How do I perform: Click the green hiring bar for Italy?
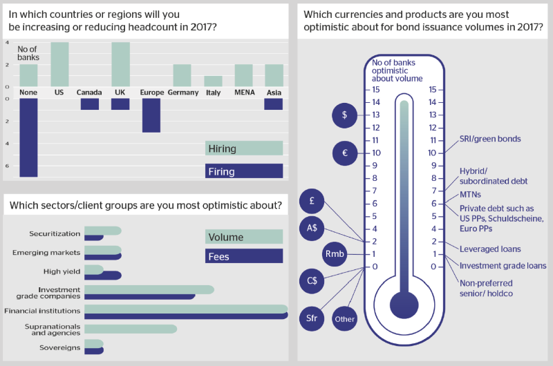click(213, 81)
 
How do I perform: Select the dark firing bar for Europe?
click(151, 115)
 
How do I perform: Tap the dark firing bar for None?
click(28, 137)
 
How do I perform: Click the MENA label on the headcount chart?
click(245, 93)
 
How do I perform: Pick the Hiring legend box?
click(244, 148)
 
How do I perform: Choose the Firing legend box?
click(244, 171)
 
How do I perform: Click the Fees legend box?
click(244, 256)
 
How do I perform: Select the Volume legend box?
click(244, 237)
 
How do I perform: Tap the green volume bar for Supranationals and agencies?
click(131, 329)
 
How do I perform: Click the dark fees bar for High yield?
click(103, 276)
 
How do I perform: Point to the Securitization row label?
click(55, 233)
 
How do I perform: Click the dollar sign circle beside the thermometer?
click(344, 115)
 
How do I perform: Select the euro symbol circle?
click(345, 153)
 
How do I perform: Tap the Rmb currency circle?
click(335, 254)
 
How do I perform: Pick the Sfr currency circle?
click(312, 318)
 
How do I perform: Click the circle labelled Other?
click(344, 319)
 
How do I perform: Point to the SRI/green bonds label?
click(490, 139)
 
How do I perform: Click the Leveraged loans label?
click(490, 249)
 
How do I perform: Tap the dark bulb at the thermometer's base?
click(404, 305)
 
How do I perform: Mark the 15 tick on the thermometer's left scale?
click(373, 90)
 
